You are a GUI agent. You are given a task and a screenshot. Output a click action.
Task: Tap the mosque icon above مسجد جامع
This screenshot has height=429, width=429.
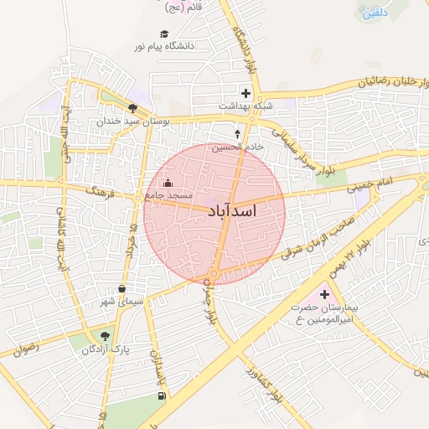168,183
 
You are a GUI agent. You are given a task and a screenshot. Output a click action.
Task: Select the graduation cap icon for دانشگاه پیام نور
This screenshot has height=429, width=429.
164,34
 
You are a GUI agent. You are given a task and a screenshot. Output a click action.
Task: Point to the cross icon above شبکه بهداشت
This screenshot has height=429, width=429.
246,93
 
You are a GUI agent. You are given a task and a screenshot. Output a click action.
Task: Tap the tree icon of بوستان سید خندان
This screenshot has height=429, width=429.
133,108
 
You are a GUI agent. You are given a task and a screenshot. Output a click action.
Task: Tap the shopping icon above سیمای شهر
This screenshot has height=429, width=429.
122,289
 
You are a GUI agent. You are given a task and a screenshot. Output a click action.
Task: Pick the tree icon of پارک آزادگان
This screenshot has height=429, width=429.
105,336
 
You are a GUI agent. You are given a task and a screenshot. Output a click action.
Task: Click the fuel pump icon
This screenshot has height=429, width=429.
161,395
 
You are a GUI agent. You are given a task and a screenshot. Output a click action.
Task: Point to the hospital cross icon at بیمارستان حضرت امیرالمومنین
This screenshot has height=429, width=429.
324,294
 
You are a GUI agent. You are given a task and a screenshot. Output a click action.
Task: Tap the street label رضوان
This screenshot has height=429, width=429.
27,345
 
